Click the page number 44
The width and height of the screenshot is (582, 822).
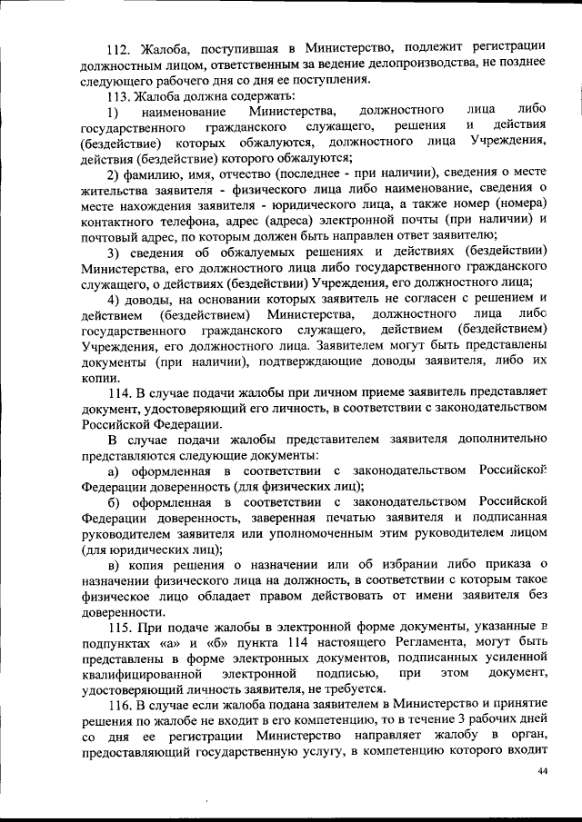pyautogui.click(x=543, y=771)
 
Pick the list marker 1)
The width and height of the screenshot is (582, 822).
pyautogui.click(x=113, y=112)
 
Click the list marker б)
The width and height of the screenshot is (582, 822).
pyautogui.click(x=114, y=502)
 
